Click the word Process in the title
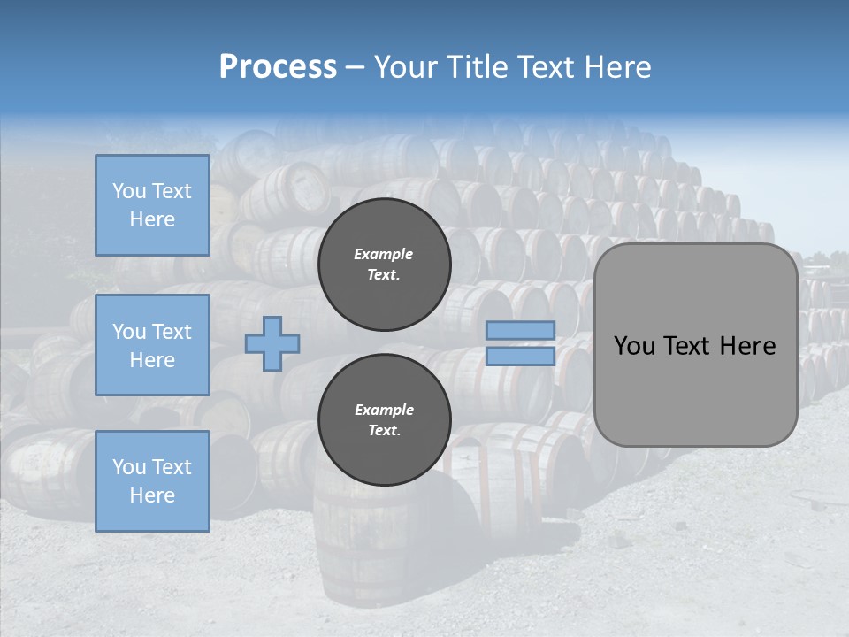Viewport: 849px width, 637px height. coord(278,66)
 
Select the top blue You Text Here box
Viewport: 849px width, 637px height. coord(152,205)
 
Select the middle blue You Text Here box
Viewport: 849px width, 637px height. coord(152,345)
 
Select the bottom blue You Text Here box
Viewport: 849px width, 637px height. coord(152,481)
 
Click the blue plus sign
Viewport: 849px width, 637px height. coord(272,343)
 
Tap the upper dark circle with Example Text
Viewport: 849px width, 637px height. coord(384,264)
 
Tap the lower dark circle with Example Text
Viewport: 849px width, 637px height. coord(384,419)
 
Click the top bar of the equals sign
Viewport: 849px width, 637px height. coord(521,330)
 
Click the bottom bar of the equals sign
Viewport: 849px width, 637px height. coord(521,356)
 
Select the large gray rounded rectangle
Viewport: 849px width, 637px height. coord(695,389)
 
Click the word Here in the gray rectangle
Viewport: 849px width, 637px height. coord(747,346)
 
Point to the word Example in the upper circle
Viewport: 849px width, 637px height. coord(384,254)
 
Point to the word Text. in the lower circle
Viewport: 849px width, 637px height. coord(384,430)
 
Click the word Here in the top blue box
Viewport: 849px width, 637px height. coord(152,219)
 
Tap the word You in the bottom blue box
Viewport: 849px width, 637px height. coord(129,467)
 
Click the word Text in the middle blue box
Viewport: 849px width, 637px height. coord(171,332)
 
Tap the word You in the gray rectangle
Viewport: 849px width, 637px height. coord(634,346)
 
